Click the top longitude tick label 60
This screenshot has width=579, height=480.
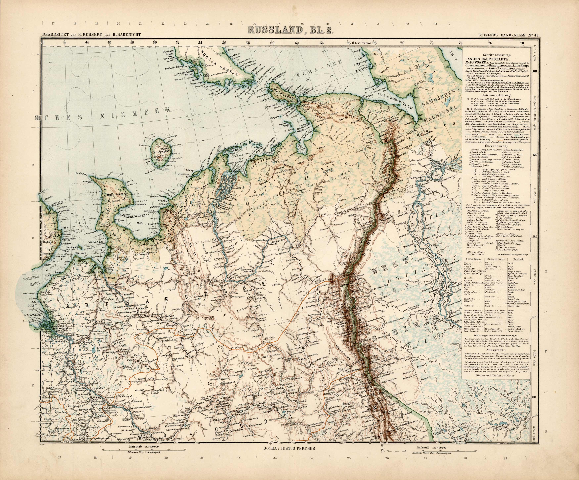click(x=272, y=43)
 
